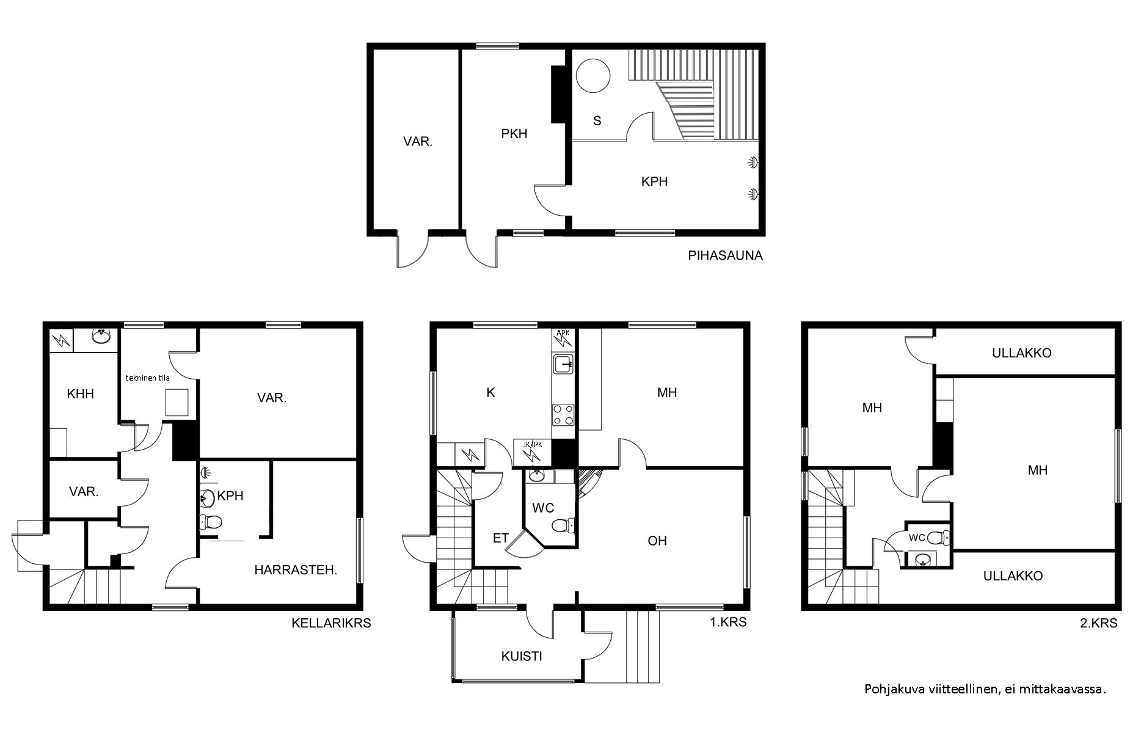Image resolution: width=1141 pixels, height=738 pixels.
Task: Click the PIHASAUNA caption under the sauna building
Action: (x=725, y=256)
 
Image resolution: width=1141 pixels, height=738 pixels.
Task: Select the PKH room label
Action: (x=514, y=133)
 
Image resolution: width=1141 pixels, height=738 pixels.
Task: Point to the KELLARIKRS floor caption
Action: (x=331, y=623)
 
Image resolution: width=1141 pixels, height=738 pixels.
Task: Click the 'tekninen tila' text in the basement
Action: (x=148, y=378)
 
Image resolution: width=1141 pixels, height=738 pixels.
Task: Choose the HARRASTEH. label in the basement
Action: (x=296, y=570)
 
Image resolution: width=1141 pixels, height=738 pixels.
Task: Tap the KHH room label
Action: (x=81, y=394)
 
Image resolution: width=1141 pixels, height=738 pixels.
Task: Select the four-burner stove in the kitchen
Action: (x=563, y=415)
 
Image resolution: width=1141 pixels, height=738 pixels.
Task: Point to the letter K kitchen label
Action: (x=490, y=393)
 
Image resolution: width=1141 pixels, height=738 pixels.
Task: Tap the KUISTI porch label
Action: (x=522, y=657)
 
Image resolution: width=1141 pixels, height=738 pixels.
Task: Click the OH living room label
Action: (x=657, y=541)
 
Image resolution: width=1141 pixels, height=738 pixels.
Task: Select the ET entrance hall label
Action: (x=501, y=538)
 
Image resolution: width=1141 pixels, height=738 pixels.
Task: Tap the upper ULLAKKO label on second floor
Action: (x=1021, y=353)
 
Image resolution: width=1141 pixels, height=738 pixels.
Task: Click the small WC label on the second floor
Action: (x=917, y=538)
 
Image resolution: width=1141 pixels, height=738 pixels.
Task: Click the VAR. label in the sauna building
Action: (x=418, y=142)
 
